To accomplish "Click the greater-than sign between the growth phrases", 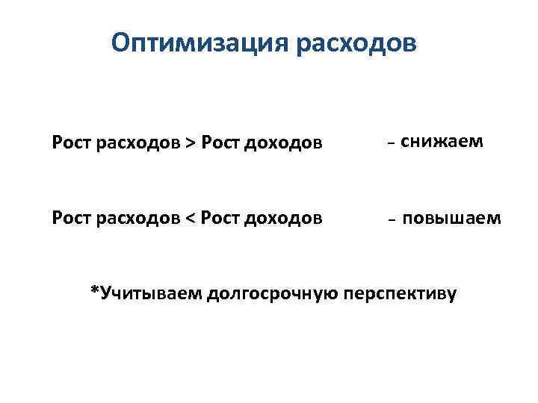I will pyautogui.click(x=192, y=143).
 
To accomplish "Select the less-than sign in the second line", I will pyautogui.click(x=192, y=218).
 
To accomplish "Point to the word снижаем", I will pyautogui.click(x=441, y=141).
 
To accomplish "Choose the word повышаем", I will pyautogui.click(x=451, y=218).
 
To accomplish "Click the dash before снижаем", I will pyautogui.click(x=392, y=143).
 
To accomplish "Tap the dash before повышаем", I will pyautogui.click(x=392, y=221).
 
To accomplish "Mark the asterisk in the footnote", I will pyautogui.click(x=94, y=290).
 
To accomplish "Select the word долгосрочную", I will pyautogui.click(x=274, y=293).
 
